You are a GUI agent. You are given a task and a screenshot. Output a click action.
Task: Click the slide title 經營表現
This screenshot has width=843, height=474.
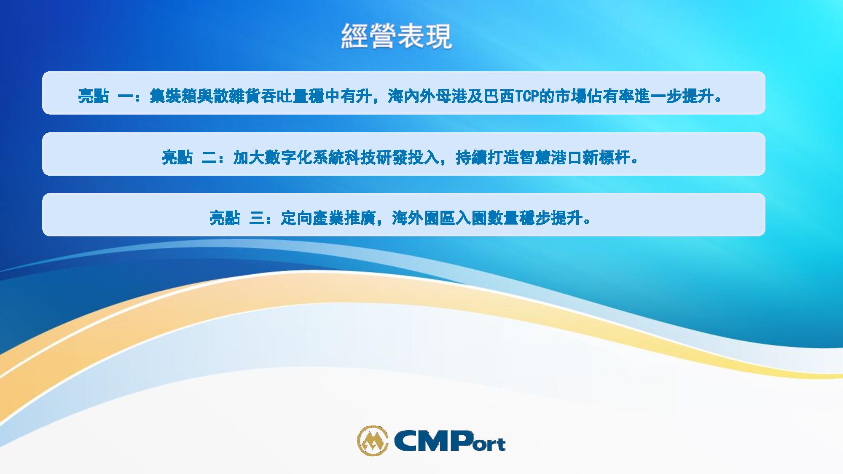point(396,36)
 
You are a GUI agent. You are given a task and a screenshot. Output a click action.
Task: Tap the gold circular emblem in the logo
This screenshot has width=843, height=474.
point(373,441)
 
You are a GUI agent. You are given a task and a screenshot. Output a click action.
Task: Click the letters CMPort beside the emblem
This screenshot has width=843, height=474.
point(449,442)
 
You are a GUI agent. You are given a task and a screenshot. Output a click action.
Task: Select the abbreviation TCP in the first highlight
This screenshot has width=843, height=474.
point(527,96)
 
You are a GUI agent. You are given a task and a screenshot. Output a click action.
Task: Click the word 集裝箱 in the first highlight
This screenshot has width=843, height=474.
point(173,96)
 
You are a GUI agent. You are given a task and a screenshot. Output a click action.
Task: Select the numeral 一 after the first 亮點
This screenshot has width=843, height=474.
point(126,96)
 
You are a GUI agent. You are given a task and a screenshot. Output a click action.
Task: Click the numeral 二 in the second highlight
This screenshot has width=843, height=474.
point(209,158)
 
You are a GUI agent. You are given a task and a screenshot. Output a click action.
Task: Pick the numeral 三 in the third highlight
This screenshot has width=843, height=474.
point(257,218)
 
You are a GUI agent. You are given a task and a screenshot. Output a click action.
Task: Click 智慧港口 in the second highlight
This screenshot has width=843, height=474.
point(551,158)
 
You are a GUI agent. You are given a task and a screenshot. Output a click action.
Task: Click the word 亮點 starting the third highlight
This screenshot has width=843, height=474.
point(225,218)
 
